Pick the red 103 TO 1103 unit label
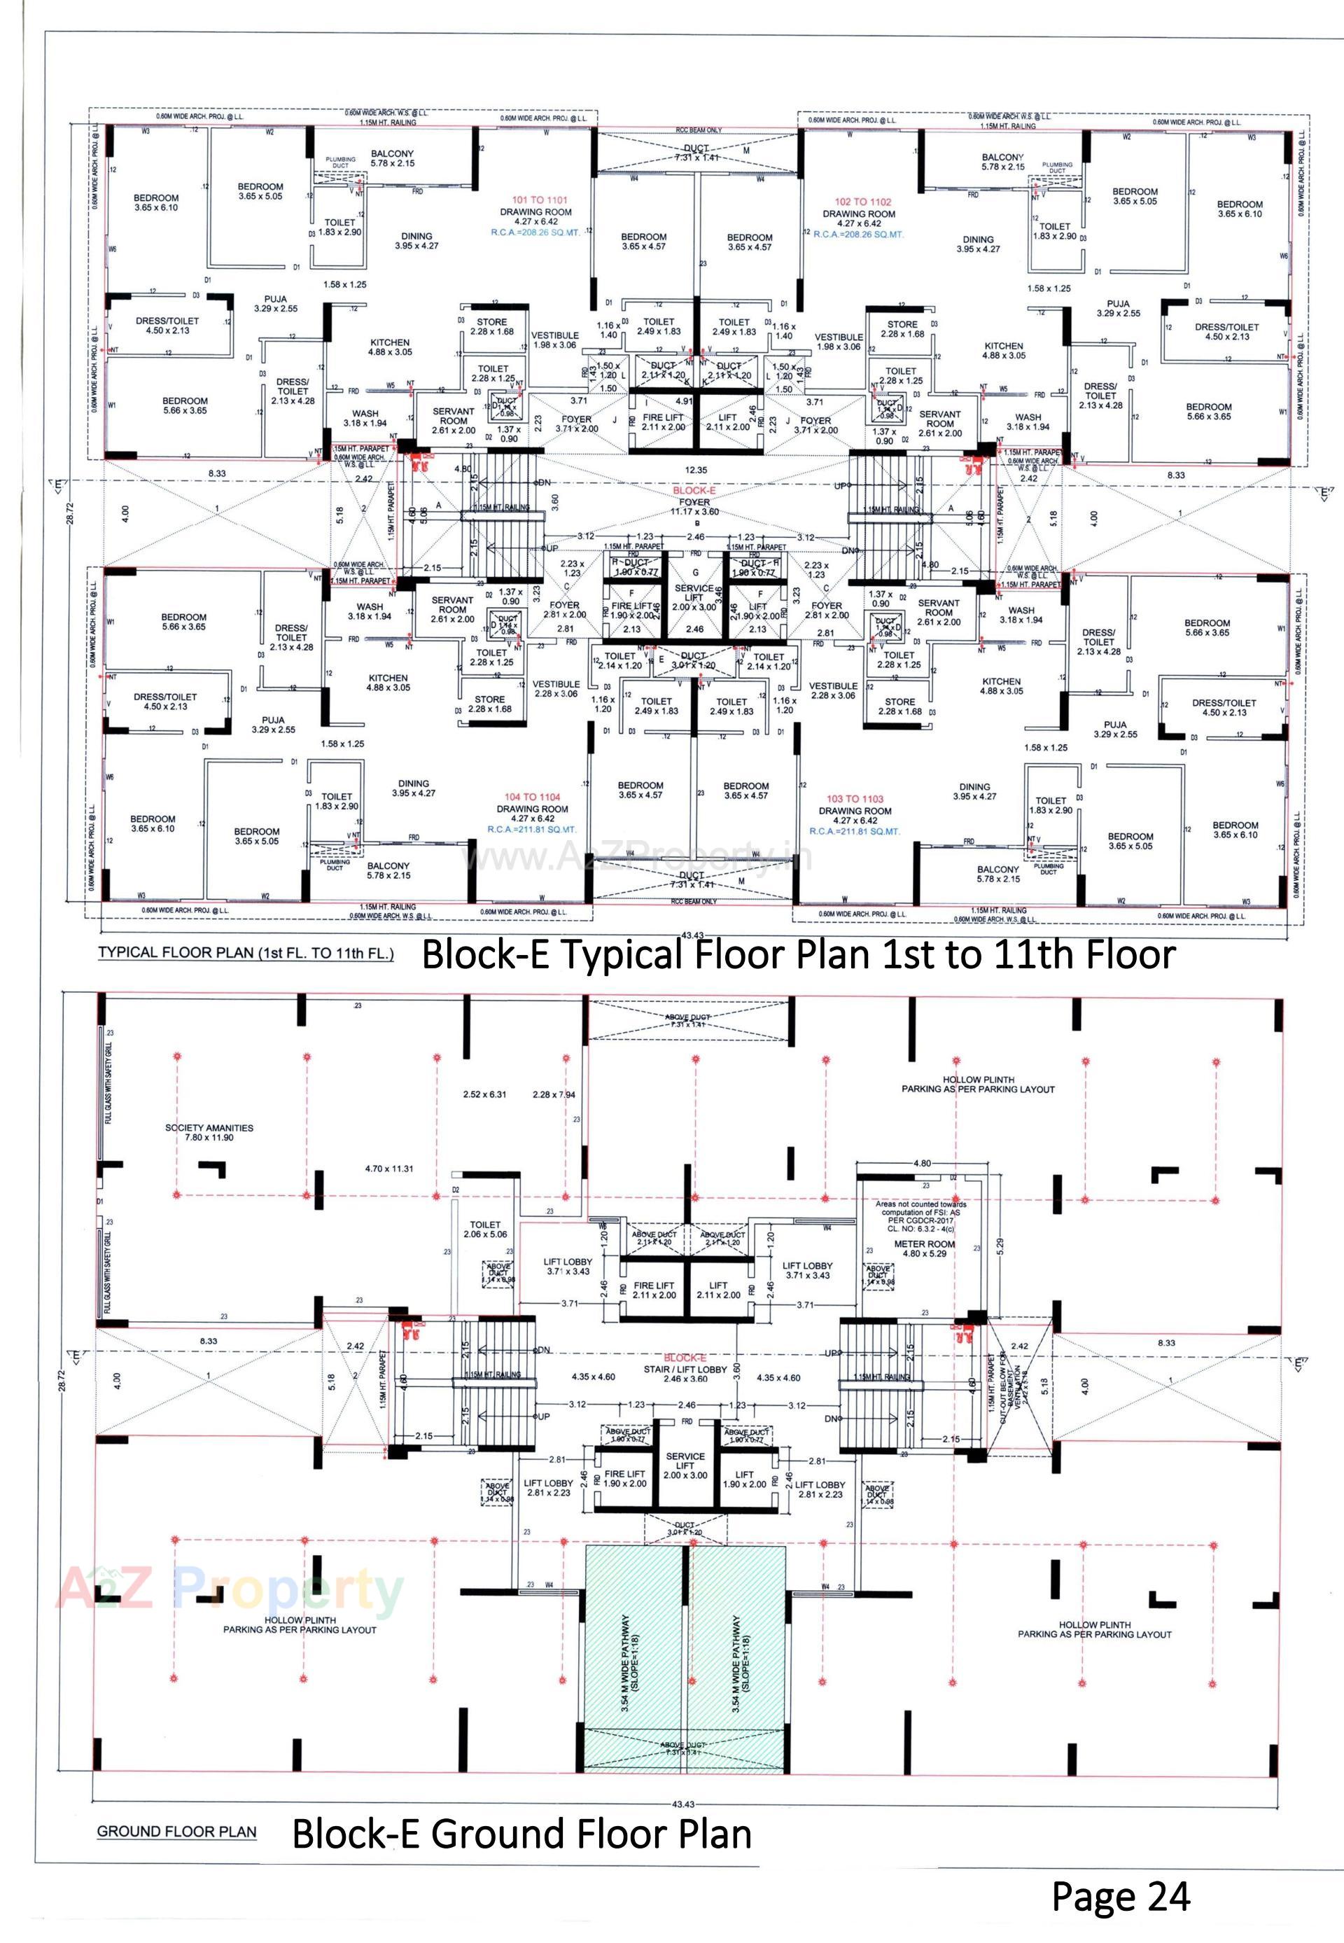click(x=854, y=798)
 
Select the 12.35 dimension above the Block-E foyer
click(x=696, y=469)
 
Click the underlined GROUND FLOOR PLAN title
click(x=176, y=1831)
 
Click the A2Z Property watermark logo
click(x=229, y=1590)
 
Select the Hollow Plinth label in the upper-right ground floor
click(x=978, y=1084)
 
